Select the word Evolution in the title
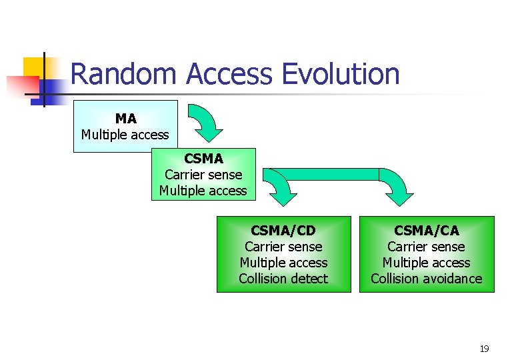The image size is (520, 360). coord(341,74)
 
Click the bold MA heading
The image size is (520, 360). coord(125,119)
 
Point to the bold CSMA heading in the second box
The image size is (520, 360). coord(203,159)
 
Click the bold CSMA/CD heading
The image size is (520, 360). coord(283,231)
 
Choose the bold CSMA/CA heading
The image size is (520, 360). coord(427,231)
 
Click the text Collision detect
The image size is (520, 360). coord(283,279)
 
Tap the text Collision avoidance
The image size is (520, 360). coord(427,279)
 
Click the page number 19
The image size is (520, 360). coord(485,349)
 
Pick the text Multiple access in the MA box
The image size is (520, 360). coord(125,135)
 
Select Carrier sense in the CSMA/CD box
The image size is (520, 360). coord(283,247)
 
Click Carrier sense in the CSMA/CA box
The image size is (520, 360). coord(427,247)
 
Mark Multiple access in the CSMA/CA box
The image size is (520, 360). coord(427,263)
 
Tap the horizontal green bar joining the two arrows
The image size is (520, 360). coord(333,174)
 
